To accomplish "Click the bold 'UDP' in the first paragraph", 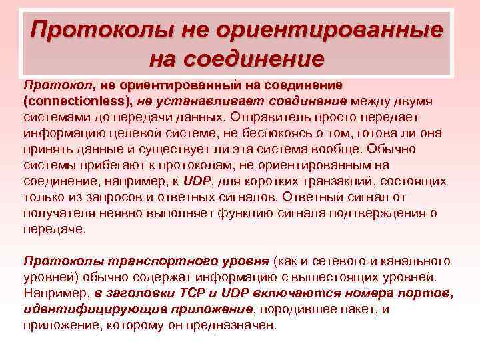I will (197, 180).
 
